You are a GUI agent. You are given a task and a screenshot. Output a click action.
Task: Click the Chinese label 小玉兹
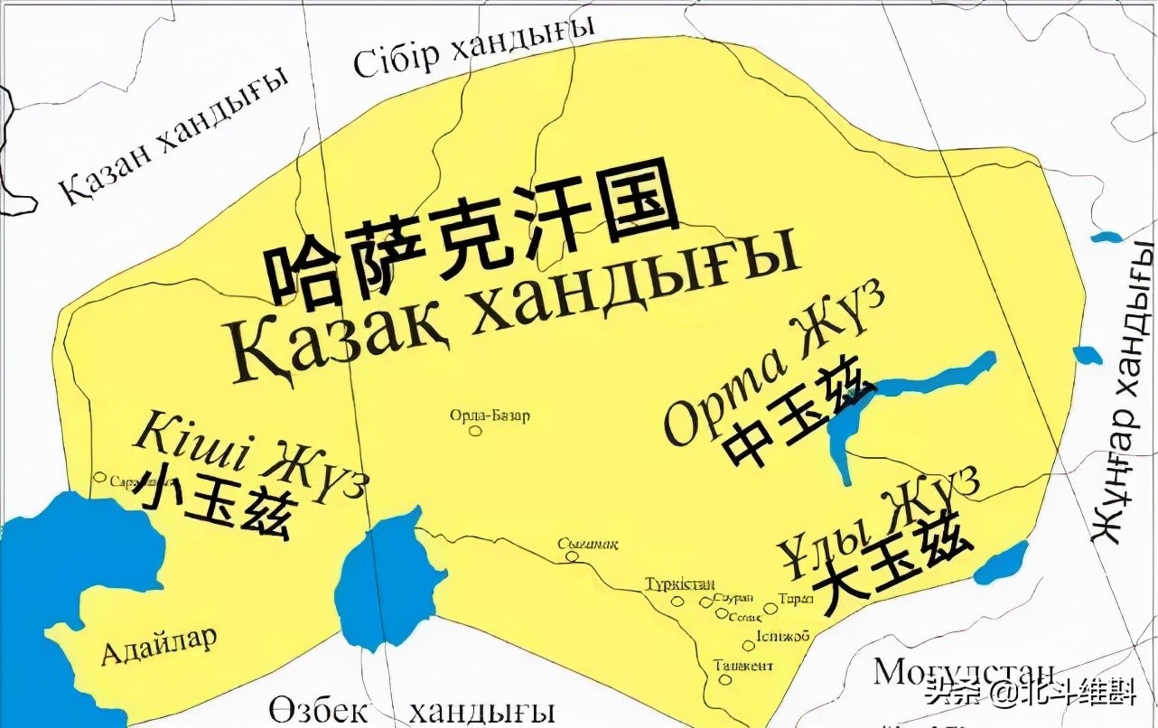pyautogui.click(x=213, y=504)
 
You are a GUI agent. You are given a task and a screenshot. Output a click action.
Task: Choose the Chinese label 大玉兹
pyautogui.click(x=890, y=562)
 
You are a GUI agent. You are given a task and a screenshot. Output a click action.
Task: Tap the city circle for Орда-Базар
pyautogui.click(x=475, y=431)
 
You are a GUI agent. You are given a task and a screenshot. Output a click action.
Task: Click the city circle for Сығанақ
pyautogui.click(x=572, y=557)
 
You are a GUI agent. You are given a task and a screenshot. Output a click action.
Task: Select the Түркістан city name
pyautogui.click(x=680, y=583)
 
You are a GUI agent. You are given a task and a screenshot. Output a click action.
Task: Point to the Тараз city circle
pyautogui.click(x=770, y=609)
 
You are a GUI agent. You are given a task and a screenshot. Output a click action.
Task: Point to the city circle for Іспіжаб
pyautogui.click(x=749, y=645)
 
